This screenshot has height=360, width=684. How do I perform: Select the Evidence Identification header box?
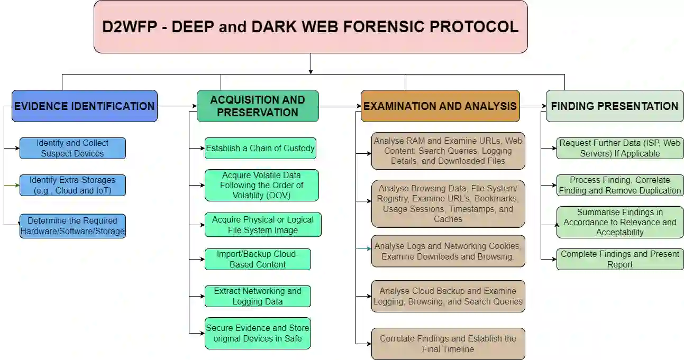[x=85, y=106]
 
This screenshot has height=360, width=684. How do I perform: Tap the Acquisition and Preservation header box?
[x=258, y=106]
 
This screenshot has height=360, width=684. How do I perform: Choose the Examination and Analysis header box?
[x=440, y=106]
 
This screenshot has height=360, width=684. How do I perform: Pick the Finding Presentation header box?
[x=614, y=106]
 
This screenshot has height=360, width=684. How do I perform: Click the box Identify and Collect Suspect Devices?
[x=72, y=148]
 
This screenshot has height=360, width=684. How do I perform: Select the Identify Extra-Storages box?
[x=72, y=185]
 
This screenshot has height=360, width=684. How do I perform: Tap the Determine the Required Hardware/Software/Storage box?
[x=72, y=226]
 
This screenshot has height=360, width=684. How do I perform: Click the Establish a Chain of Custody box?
[x=260, y=148]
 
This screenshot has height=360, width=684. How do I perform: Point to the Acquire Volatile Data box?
[x=261, y=185]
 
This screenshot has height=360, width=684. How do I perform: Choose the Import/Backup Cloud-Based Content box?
[x=258, y=259]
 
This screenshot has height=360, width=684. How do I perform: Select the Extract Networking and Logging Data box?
[x=258, y=296]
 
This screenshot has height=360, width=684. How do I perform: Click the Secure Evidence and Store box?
[x=258, y=333]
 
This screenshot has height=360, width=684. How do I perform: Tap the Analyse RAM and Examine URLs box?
[x=448, y=151]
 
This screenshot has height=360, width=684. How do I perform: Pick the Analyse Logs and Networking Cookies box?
[x=448, y=251]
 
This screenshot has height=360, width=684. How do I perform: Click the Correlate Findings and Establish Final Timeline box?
[x=448, y=344]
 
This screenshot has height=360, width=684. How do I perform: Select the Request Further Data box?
[x=620, y=148]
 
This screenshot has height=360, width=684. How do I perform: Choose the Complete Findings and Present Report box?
[x=620, y=259]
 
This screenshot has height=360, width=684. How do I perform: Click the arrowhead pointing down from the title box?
[x=311, y=71]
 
